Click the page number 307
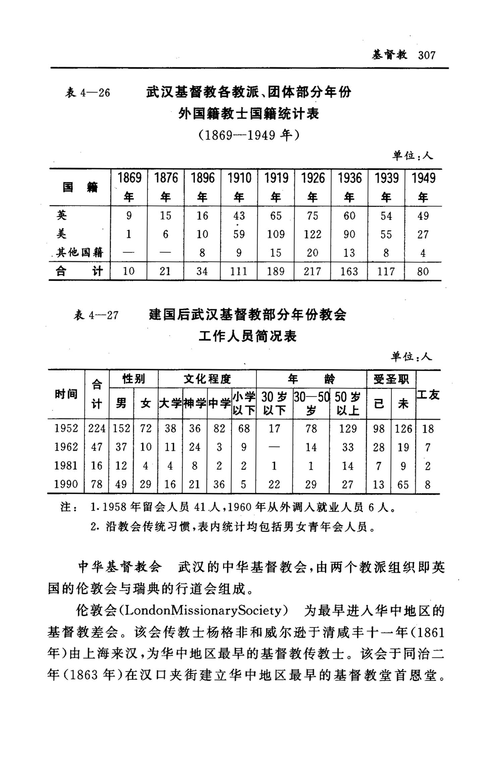pos(427,55)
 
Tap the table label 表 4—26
pos(88,93)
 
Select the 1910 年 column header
pos(239,187)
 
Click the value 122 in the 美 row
pos(313,234)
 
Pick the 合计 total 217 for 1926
pos(313,271)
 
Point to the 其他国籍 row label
pos(79,252)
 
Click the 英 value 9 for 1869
pos(129,216)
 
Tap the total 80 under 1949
pos(423,271)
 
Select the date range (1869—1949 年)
pos(248,135)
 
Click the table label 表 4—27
pos(96,315)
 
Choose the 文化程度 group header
pos(207,379)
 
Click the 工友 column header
pos(428,395)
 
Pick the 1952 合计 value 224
pos(97,428)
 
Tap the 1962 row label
pos(66,447)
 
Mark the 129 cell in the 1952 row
pos(348,428)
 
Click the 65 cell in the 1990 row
pos(403,484)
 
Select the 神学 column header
pos(195,403)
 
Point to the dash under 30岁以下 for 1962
pos(274,447)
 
